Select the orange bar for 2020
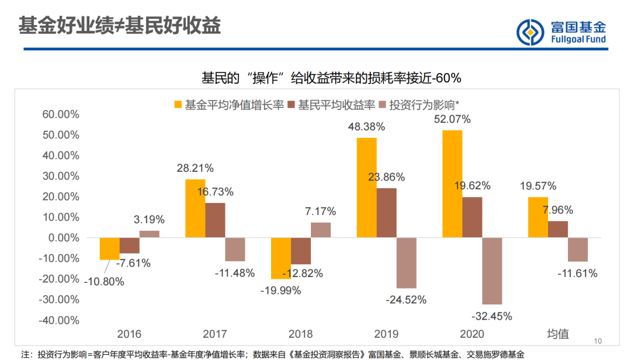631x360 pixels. point(452,184)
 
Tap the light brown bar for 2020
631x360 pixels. point(492,271)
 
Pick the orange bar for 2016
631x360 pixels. point(110,248)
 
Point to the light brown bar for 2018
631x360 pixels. point(321,230)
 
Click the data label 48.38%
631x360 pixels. point(366,126)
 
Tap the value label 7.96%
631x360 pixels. point(557,210)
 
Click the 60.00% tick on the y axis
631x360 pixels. point(61,115)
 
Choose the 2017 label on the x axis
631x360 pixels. point(215,334)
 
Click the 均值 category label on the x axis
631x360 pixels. point(557,334)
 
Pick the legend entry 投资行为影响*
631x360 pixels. point(419,105)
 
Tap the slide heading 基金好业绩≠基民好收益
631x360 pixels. point(120,27)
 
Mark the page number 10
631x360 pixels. point(597,341)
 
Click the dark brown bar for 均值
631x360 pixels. point(557,229)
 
